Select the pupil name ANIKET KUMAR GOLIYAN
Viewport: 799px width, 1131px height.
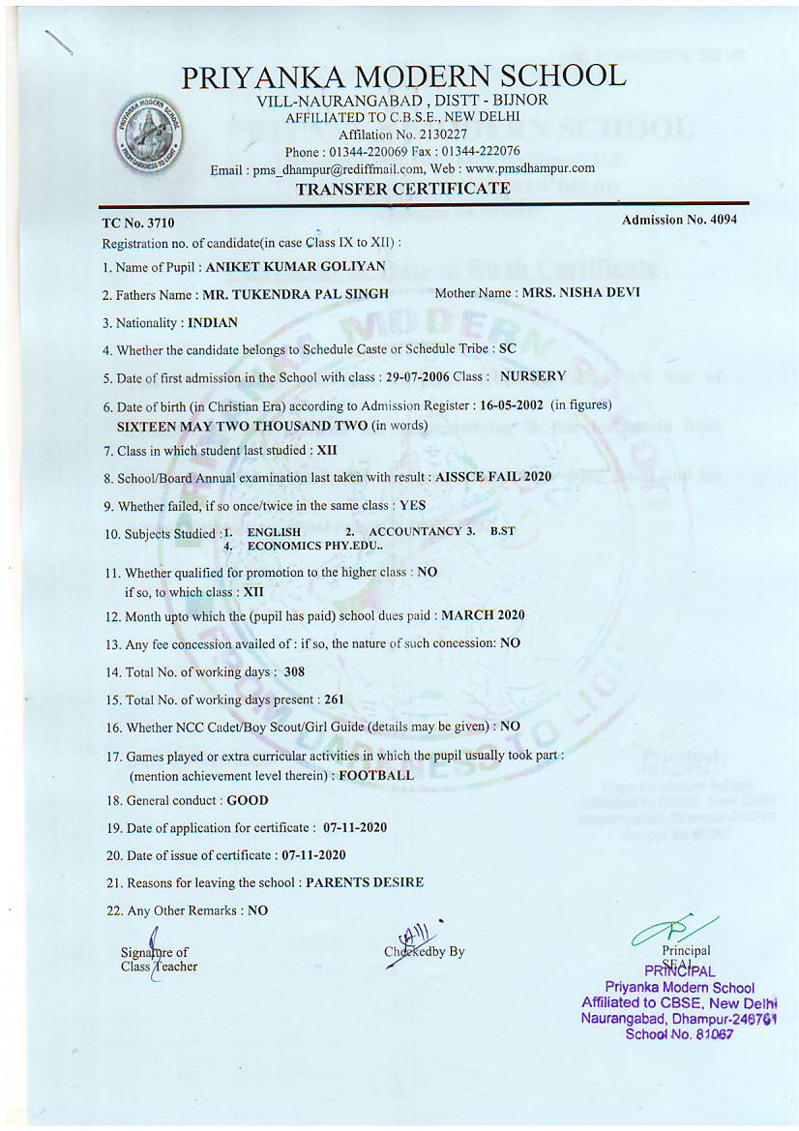(289, 267)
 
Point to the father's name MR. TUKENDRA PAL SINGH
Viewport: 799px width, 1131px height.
(296, 294)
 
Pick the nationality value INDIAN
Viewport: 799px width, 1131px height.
(213, 322)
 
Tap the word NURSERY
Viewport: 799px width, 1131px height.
(533, 376)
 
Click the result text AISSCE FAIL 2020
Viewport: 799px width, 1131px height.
(493, 477)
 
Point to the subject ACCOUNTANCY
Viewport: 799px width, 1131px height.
(415, 532)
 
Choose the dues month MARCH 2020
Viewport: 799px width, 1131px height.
(483, 615)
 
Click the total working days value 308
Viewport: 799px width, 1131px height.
(294, 671)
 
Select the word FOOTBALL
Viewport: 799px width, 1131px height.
(376, 775)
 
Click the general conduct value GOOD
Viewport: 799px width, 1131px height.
(248, 801)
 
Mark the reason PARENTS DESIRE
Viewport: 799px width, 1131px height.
(365, 882)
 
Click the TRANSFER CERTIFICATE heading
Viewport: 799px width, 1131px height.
(402, 189)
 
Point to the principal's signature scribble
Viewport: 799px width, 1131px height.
(669, 931)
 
